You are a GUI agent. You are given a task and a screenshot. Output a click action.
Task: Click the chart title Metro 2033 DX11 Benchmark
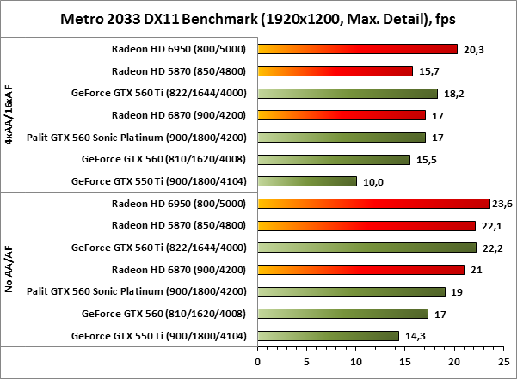[258, 18]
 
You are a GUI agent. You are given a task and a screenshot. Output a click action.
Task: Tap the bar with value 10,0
[306, 181]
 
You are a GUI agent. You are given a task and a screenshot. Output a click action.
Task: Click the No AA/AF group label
[9, 270]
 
